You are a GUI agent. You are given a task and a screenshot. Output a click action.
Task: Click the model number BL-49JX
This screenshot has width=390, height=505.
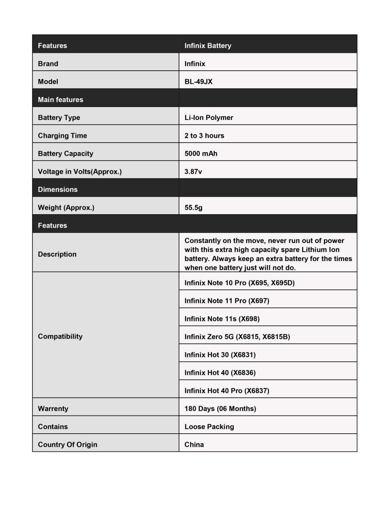[198, 81]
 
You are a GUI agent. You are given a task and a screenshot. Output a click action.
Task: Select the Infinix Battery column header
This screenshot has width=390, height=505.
[208, 45]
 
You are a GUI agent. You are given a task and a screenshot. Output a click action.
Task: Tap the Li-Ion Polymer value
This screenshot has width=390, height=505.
[209, 117]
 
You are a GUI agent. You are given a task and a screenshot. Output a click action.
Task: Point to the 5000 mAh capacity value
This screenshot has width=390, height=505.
[201, 153]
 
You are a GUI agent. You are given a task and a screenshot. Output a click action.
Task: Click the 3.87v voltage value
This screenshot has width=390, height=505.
[193, 171]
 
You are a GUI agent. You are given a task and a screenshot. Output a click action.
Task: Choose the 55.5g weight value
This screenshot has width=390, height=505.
[193, 207]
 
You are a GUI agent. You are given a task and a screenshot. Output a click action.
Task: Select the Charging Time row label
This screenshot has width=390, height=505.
[62, 135]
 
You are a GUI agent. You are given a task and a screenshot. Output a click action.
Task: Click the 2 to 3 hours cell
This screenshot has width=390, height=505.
[204, 135]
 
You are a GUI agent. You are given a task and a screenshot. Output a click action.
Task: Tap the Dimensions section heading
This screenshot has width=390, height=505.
[57, 189]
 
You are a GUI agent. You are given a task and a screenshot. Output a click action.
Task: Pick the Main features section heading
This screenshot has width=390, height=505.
[60, 99]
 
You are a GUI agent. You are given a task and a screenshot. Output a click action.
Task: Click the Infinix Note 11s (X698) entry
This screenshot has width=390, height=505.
[222, 319]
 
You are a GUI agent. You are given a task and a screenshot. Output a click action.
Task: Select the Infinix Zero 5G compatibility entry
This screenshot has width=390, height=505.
[237, 337]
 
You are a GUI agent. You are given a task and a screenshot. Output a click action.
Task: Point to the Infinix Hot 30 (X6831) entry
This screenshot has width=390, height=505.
[220, 355]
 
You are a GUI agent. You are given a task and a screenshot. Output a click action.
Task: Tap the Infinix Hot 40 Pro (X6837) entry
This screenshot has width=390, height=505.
[227, 391]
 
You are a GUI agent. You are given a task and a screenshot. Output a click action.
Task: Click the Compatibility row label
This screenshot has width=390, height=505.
[60, 336]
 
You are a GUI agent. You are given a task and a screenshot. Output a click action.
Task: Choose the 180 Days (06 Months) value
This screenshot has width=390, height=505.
[220, 409]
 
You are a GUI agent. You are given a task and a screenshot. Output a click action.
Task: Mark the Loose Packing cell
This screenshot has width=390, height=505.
[209, 427]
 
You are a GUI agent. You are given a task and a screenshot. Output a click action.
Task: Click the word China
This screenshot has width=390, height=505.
[194, 445]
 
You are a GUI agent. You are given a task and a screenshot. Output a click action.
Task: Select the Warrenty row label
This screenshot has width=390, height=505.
[53, 409]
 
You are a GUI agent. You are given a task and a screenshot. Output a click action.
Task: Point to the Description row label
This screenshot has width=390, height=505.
[57, 254]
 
